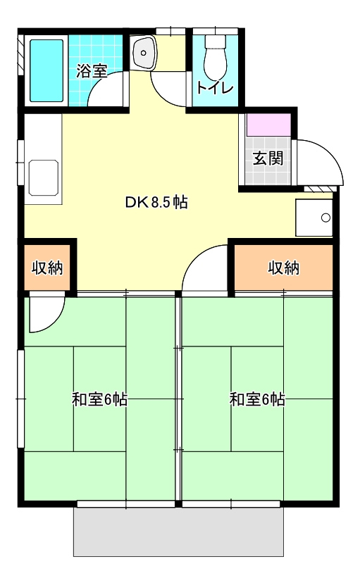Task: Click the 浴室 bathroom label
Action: [92, 70]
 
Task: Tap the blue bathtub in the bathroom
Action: [46, 70]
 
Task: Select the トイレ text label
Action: [215, 87]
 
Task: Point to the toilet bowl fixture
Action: [216, 56]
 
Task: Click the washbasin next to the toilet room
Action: [144, 53]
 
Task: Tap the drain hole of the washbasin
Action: [143, 52]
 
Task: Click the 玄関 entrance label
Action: [268, 158]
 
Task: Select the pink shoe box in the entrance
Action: [268, 125]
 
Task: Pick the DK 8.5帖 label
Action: [156, 202]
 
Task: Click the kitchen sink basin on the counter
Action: [44, 177]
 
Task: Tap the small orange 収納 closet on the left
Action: [47, 267]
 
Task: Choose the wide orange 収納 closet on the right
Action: [283, 267]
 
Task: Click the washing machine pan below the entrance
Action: [314, 218]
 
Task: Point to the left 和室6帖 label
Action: [99, 400]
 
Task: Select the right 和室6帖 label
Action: [257, 400]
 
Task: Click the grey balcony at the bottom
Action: [178, 532]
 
